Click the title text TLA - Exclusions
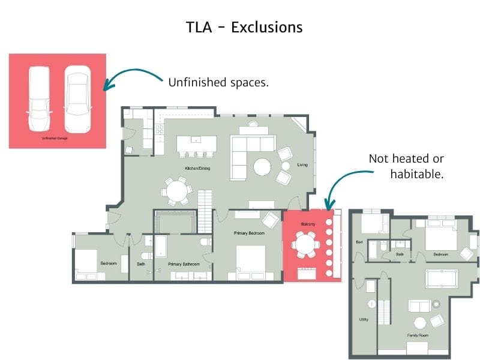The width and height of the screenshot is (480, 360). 244,27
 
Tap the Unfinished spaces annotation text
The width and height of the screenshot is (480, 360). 218,82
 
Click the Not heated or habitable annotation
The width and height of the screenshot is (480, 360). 406,166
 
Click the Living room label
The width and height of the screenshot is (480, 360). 302,164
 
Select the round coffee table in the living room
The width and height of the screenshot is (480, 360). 263,166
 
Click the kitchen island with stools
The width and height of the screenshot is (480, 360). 196,145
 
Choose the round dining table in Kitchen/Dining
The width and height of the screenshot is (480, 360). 176,191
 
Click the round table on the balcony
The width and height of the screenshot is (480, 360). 305,244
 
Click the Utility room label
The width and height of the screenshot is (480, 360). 364,319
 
